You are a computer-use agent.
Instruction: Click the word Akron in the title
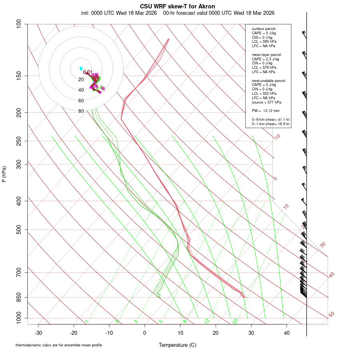point(206,6)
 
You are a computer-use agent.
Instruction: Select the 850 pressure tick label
point(19,297)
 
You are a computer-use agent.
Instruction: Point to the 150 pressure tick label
point(19,76)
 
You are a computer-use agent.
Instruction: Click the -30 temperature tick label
point(38,333)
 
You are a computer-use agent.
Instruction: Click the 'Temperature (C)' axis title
point(178,345)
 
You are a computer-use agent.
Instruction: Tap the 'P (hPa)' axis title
point(4,174)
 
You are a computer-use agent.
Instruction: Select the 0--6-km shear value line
point(270,120)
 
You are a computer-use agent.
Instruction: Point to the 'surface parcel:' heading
point(264,29)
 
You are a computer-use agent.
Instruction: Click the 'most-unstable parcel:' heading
point(269,80)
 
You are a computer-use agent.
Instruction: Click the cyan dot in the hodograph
point(81,68)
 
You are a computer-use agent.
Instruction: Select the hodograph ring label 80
point(81,111)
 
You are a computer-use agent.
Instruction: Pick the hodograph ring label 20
point(81,80)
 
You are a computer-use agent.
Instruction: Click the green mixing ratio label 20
point(236,321)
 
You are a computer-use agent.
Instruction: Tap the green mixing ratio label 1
point(87,321)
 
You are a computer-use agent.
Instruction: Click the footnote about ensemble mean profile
point(59,345)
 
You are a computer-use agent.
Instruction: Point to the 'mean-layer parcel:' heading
point(267,54)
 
